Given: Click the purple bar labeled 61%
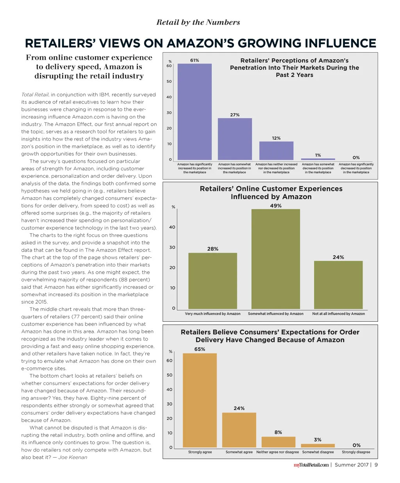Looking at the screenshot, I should pyautogui.click(x=195, y=111).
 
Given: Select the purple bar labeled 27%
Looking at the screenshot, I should pyautogui.click(x=235, y=139).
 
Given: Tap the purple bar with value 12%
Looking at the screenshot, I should pyautogui.click(x=276, y=150).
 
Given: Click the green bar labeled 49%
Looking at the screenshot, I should pyautogui.click(x=276, y=259).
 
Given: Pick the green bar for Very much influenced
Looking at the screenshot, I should pyautogui.click(x=212, y=281).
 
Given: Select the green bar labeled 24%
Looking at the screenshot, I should pyautogui.click(x=338, y=285).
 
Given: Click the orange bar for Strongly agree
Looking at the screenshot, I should pyautogui.click(x=200, y=400).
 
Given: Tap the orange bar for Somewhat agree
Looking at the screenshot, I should pyautogui.click(x=239, y=430).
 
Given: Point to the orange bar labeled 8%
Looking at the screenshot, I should pyautogui.click(x=278, y=442).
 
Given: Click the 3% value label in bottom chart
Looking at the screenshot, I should pyautogui.click(x=318, y=440).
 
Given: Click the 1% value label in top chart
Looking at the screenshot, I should pyautogui.click(x=318, y=155).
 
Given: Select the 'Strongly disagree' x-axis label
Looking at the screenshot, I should pyautogui.click(x=356, y=452).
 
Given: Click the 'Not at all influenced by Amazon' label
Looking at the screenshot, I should pyautogui.click(x=338, y=314).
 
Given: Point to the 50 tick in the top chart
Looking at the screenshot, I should pyautogui.click(x=169, y=82).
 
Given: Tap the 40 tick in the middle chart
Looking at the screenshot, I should pyautogui.click(x=172, y=227).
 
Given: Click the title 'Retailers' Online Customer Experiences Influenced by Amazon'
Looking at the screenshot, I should pyautogui.click(x=271, y=192).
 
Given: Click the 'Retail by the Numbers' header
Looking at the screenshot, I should pyautogui.click(x=198, y=22).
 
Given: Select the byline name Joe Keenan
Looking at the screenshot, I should pyautogui.click(x=73, y=457).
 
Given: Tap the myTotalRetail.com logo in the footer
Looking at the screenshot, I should pyautogui.click(x=311, y=465).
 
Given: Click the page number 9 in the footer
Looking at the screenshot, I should pyautogui.click(x=376, y=465).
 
